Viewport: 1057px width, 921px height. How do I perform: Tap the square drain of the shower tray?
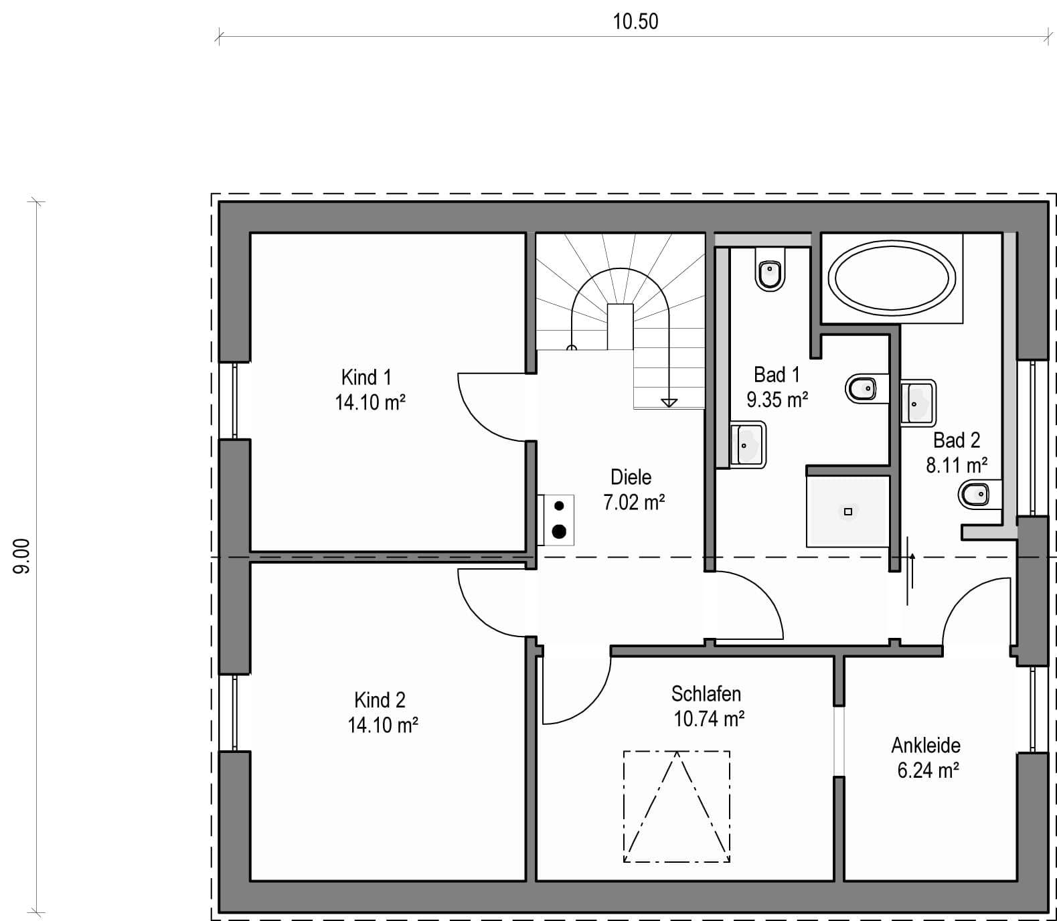847,511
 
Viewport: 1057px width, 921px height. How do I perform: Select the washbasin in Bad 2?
918,402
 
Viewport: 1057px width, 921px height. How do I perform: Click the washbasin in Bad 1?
748,444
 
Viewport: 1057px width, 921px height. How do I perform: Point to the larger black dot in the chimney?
559,531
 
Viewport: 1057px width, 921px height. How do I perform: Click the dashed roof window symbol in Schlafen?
677,807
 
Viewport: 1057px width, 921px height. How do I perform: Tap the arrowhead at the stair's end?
668,402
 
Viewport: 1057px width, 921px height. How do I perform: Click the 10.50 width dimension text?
635,21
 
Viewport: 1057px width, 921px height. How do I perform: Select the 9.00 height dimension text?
21,556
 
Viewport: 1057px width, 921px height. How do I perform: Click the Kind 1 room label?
366,377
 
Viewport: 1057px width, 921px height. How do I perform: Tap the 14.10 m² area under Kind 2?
383,725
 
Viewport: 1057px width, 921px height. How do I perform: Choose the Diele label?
631,477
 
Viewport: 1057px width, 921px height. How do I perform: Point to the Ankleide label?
926,744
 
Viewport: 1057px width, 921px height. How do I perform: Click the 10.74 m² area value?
709,718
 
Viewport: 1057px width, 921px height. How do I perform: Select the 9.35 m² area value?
777,400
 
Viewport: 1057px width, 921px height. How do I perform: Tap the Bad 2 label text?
957,440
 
